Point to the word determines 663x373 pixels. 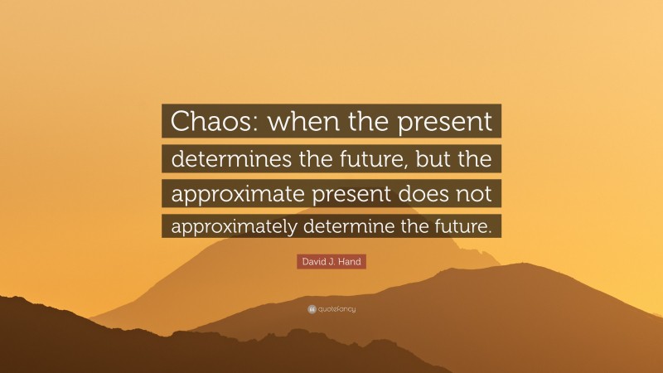220,157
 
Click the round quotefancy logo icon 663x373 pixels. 312,309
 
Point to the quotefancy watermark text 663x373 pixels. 337,309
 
